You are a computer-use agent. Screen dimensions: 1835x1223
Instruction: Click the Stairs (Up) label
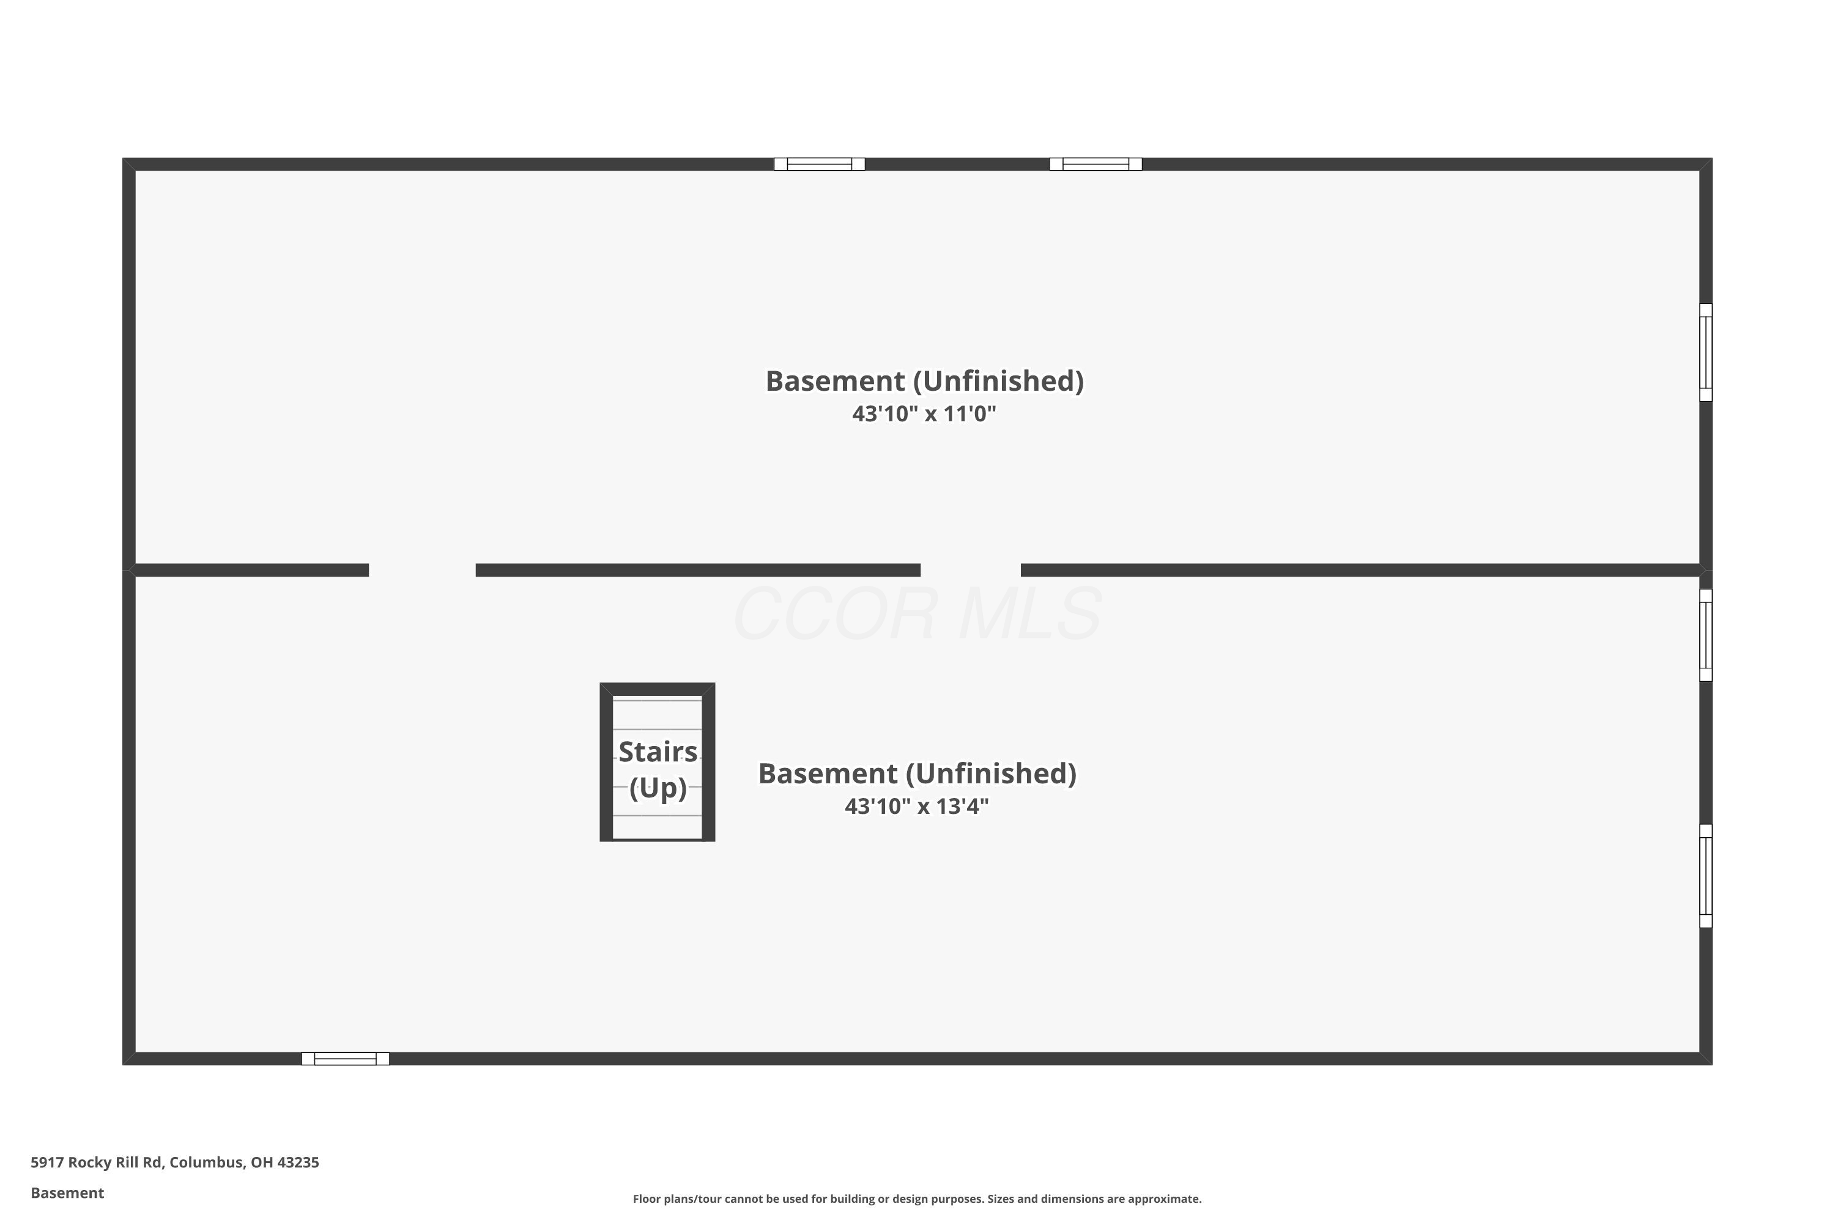coord(658,769)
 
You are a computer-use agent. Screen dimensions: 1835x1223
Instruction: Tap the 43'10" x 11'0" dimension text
coord(924,413)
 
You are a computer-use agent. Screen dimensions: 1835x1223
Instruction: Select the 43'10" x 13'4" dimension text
coord(917,806)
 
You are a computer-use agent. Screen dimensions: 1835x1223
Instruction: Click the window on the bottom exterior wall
coord(345,1059)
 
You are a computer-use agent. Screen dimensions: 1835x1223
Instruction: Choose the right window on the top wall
coord(1095,164)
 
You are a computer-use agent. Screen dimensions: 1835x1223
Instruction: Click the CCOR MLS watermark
coord(917,614)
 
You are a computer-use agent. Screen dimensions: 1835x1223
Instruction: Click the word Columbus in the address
coord(207,1163)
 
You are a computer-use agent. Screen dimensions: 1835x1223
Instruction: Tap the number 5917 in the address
coord(47,1162)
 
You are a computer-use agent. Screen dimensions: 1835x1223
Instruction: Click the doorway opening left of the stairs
coord(422,570)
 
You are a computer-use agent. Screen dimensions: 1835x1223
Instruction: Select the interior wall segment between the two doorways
coord(699,570)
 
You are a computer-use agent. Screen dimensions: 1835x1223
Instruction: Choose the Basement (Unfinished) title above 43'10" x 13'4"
coord(917,773)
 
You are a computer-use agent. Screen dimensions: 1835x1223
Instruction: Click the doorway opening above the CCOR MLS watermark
coord(971,570)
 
